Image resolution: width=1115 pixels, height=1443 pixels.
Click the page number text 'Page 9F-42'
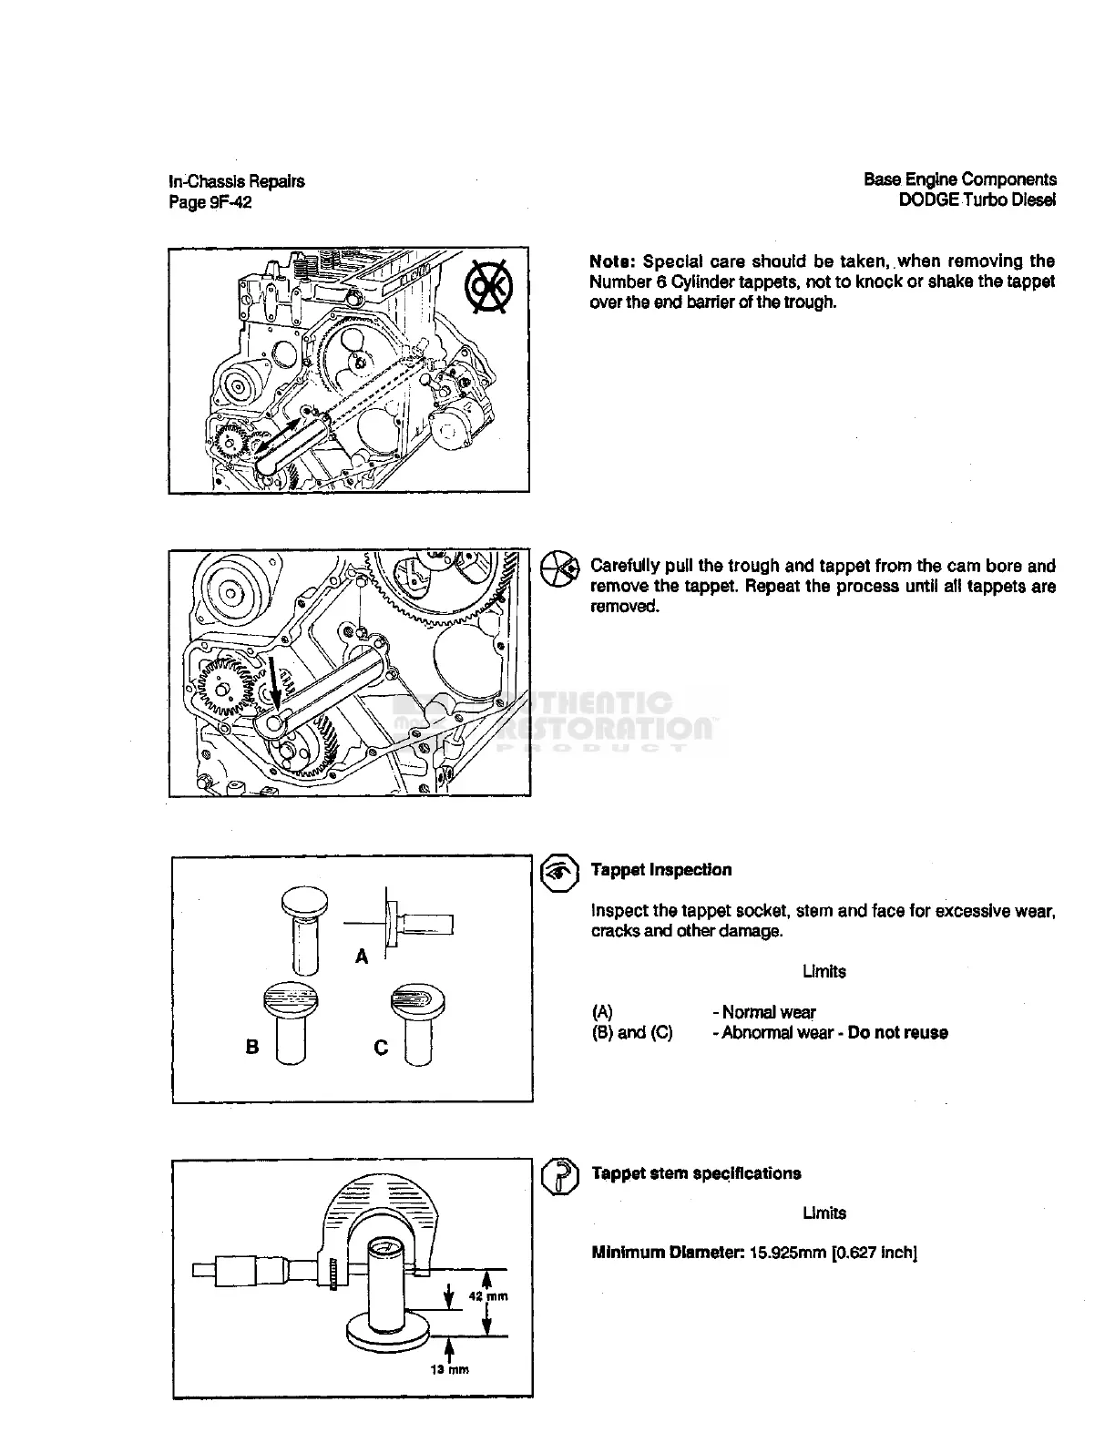point(210,202)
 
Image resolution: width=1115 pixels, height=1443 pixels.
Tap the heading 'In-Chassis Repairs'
point(237,181)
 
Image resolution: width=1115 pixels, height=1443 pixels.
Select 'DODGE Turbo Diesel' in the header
point(977,200)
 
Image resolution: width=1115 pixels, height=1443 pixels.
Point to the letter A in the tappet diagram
point(362,957)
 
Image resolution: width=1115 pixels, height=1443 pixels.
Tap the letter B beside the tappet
point(252,1047)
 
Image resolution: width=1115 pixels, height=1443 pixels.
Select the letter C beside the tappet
point(381,1048)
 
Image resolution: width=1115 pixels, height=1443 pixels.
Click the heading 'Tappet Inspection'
point(661,870)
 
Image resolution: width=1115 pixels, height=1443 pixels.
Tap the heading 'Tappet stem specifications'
point(696,1173)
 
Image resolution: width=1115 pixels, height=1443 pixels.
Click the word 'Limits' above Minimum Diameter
point(823,1213)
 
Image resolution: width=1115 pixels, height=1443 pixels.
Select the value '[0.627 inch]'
point(874,1253)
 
